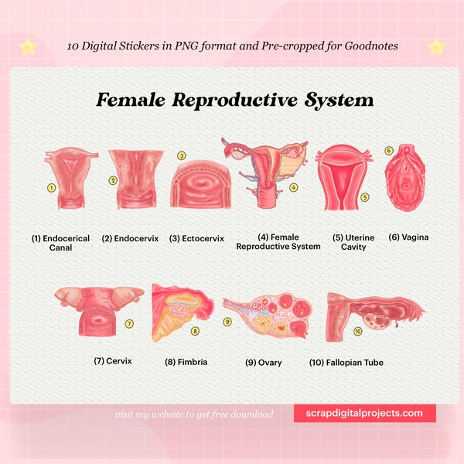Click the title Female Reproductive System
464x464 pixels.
pos(234,101)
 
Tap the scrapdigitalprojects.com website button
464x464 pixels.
pos(364,413)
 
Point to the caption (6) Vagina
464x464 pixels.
pos(408,237)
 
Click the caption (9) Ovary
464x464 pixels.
pos(263,362)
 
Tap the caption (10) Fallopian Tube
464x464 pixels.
pos(346,362)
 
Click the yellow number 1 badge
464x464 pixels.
pos(51,187)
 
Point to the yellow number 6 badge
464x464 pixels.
pos(389,150)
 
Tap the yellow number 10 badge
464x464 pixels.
pos(357,331)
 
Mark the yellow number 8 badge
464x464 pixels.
pos(195,331)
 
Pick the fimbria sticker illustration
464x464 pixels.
pos(177,313)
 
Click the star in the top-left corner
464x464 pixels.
pos(28,47)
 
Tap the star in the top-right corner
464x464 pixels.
pos(436,46)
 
